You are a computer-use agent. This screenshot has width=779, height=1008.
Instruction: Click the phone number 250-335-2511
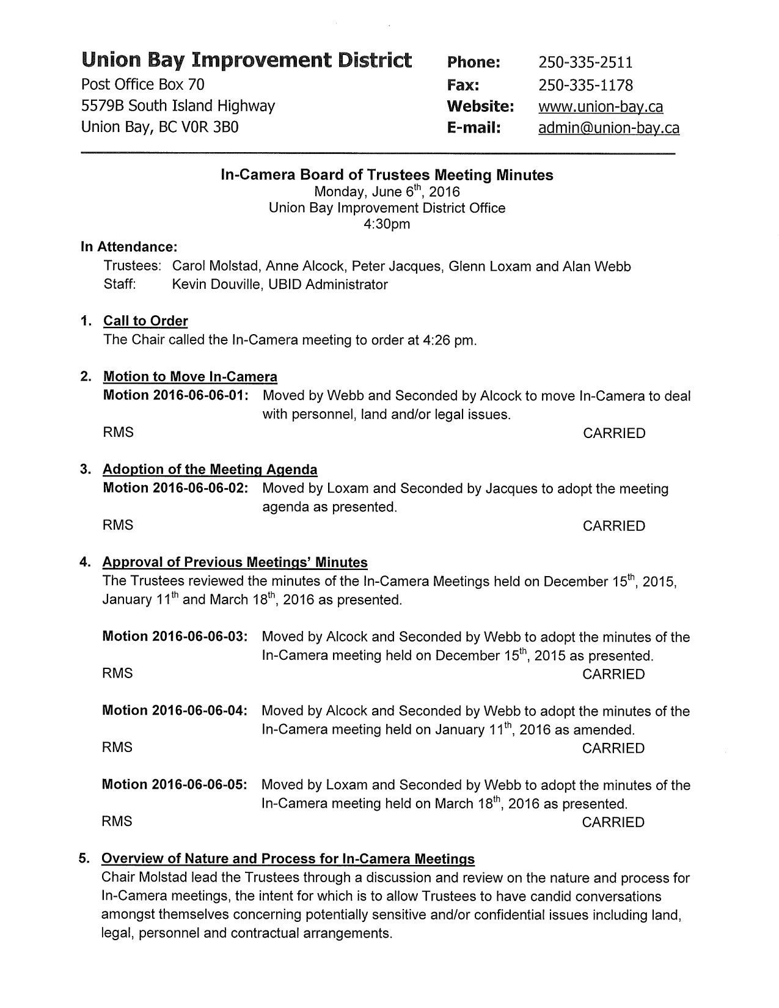(x=585, y=62)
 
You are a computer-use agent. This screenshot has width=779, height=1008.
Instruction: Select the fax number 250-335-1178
(x=585, y=85)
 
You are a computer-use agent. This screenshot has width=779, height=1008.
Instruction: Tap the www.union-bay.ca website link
(x=600, y=107)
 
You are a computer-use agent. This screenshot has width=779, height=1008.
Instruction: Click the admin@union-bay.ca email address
(x=608, y=128)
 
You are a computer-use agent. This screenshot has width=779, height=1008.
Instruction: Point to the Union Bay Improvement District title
(x=246, y=60)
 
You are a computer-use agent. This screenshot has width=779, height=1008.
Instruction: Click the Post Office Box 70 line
(x=143, y=84)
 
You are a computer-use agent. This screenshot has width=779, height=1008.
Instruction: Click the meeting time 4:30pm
(x=387, y=224)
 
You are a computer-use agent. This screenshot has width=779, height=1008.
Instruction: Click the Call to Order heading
(x=145, y=321)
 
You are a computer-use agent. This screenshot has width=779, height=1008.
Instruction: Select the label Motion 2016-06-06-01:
(x=175, y=395)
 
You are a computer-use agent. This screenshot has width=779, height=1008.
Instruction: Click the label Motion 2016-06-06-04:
(x=175, y=710)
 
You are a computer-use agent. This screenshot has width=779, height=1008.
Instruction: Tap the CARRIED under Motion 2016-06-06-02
(x=613, y=526)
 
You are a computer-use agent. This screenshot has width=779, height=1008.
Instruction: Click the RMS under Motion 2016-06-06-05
(x=117, y=822)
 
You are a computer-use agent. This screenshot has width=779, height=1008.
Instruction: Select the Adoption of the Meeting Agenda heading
(x=210, y=470)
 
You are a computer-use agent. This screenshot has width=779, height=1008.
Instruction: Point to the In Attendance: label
(x=129, y=247)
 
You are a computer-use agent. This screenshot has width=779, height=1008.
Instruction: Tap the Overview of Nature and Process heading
(x=288, y=859)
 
